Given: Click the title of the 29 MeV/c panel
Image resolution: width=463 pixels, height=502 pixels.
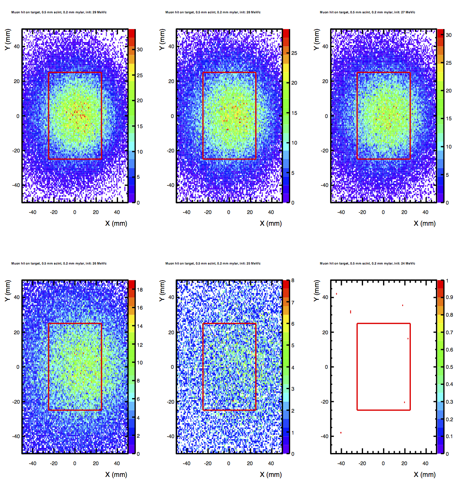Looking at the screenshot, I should click(59, 12).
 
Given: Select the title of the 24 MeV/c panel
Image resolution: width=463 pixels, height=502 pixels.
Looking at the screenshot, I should click(367, 263).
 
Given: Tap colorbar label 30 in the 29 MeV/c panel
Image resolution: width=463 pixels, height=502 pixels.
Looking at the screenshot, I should click(140, 50).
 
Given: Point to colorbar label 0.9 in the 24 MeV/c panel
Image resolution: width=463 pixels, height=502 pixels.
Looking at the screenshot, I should click(449, 297).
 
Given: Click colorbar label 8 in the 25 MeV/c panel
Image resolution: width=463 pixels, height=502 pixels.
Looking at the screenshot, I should click(292, 281).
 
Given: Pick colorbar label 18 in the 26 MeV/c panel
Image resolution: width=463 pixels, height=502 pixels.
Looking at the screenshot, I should click(140, 290).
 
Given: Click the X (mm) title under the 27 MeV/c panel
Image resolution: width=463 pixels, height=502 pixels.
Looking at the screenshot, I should click(425, 223).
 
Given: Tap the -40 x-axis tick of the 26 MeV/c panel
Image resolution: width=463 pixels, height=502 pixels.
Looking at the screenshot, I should click(32, 463).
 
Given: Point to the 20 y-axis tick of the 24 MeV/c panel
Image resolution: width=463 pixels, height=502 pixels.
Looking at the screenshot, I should click(325, 332).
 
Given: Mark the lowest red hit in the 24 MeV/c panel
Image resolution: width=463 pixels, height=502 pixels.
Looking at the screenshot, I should click(341, 433).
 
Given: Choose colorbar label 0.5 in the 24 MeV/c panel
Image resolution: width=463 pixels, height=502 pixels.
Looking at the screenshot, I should click(449, 367).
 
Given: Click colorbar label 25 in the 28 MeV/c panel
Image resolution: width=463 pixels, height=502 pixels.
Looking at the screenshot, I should click(294, 53).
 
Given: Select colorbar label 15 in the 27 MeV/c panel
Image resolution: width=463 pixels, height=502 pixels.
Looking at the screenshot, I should click(448, 119).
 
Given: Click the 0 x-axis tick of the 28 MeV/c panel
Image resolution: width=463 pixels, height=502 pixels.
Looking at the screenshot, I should click(229, 212).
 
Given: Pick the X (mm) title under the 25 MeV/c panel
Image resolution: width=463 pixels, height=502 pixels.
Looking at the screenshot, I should click(271, 475).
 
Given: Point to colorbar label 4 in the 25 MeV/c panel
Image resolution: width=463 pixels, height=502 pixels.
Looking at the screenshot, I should click(292, 368).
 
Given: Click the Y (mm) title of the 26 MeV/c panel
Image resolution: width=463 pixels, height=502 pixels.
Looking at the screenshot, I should click(7, 291).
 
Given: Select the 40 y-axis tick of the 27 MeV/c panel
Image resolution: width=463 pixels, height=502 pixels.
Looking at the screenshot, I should click(325, 46).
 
